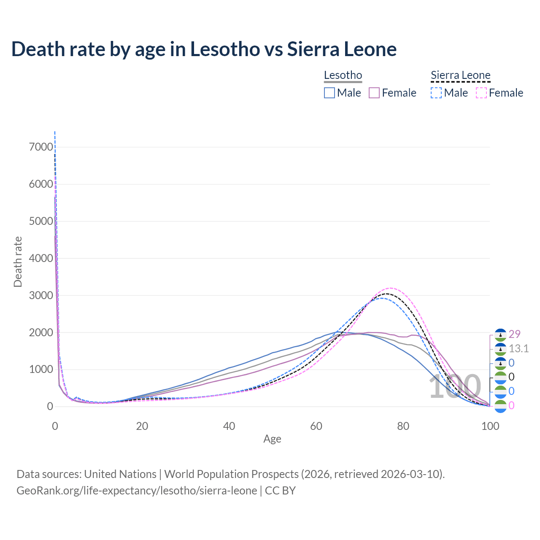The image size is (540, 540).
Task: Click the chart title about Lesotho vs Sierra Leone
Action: pos(204,49)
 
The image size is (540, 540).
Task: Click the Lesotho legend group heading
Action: pos(343,76)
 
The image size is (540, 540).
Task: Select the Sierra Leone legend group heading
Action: pos(460,76)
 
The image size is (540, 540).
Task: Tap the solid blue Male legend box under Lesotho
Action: pos(329,93)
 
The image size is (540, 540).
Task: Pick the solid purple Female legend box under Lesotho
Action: pos(374,93)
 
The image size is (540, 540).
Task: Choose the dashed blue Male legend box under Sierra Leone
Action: pos(436,93)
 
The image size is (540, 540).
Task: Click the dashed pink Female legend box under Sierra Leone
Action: pos(481,93)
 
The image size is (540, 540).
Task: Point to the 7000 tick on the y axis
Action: pos(41,147)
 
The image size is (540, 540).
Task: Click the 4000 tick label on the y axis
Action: pos(41,258)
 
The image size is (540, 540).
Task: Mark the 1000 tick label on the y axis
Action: pos(41,370)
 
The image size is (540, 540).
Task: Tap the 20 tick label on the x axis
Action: pos(142,426)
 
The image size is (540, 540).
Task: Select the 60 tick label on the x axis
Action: pos(316,426)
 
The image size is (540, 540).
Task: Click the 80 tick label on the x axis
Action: pos(403,426)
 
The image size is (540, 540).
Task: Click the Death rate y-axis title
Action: pos(18,262)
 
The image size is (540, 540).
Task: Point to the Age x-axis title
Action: pos(272,439)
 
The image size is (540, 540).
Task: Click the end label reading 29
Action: pos(514,334)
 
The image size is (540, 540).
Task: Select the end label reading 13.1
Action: pos(518,348)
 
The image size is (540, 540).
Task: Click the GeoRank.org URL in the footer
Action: pos(137,491)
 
